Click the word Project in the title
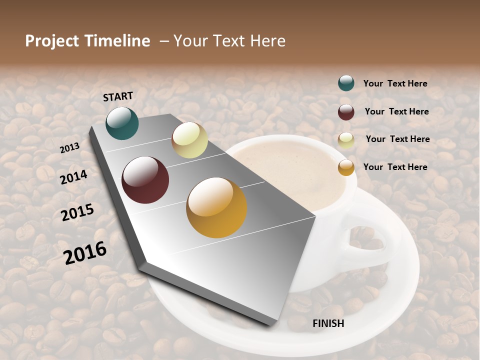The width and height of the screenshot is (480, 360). (x=52, y=41)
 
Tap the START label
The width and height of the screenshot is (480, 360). (x=118, y=96)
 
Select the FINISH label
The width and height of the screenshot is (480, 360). (x=328, y=323)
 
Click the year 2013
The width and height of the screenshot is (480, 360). (x=69, y=147)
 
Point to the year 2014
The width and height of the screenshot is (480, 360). (x=74, y=177)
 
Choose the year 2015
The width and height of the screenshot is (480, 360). (x=77, y=212)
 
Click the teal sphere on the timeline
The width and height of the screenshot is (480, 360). (x=122, y=123)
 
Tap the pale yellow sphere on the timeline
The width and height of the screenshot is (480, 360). (x=189, y=140)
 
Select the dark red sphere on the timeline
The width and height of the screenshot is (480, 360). (x=145, y=180)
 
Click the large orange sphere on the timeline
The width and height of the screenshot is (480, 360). (x=216, y=207)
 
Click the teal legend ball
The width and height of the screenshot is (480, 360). (x=346, y=83)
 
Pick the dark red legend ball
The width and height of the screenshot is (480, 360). (x=346, y=112)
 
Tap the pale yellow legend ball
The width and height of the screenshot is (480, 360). (x=346, y=140)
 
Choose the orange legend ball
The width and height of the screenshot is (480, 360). (x=346, y=167)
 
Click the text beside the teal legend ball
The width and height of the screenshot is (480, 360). (x=395, y=83)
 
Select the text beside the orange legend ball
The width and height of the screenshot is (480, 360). (x=395, y=167)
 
